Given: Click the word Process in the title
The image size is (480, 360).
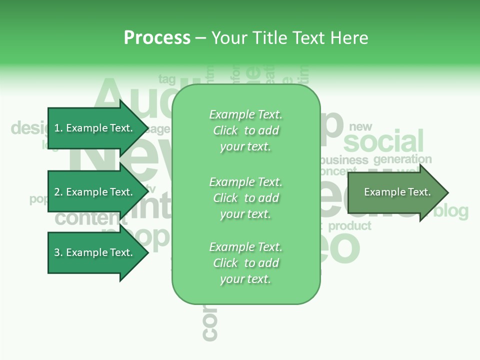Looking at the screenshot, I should point(157,37).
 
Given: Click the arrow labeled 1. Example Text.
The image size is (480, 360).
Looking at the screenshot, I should point(93,128).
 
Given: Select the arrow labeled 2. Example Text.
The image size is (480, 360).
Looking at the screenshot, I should point(93,192).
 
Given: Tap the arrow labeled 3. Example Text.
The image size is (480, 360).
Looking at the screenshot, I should point(93,252).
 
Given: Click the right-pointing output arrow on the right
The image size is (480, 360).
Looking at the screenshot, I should point(397,192).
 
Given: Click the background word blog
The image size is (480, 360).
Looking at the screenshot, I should point(451,211).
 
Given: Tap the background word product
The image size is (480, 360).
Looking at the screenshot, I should point(349,226).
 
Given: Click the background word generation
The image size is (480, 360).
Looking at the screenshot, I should point(402,159).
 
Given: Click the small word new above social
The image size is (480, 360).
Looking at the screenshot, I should point(360,126).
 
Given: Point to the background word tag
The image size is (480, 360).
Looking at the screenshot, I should point(167,79).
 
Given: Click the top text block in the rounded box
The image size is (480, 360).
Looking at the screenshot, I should point(245,130).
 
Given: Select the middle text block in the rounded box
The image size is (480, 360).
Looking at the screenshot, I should point(245,197).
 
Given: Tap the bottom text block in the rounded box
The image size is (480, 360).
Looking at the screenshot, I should point(245,263).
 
